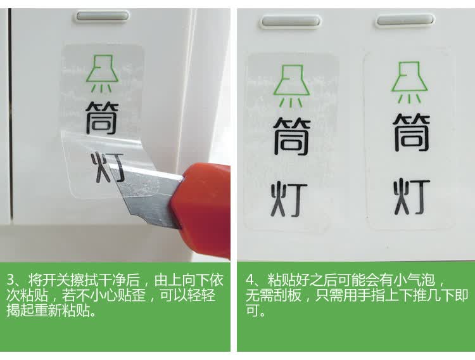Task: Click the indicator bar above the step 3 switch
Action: pos(103,16)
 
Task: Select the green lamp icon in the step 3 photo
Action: pos(102,73)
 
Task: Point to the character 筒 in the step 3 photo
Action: pos(102,118)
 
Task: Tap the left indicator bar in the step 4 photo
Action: pos(291,21)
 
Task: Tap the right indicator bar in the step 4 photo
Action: pos(405,21)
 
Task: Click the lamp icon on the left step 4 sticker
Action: pos(291,86)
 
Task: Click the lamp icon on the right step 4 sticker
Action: pos(409,82)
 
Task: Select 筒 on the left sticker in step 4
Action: pos(292,136)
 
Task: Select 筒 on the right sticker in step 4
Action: pos(412,132)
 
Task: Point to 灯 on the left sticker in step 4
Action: pos(289,200)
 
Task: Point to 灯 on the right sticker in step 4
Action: pos(412,196)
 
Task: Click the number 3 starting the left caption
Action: pos(11,280)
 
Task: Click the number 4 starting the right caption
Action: pos(250,280)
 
